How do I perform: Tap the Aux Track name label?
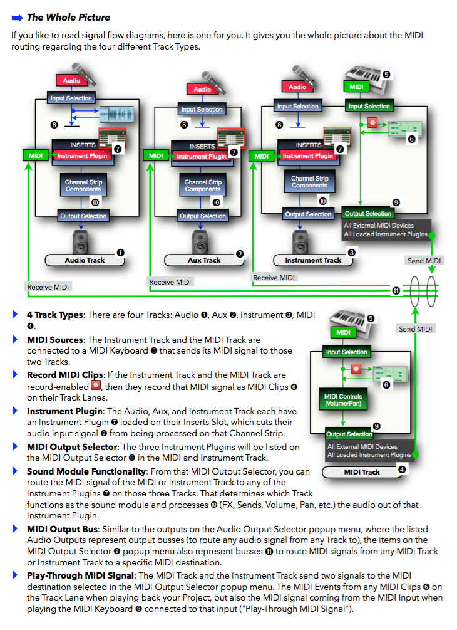(204, 260)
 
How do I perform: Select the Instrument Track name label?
(313, 260)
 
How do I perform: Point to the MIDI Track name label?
(362, 472)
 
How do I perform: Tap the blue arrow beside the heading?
(17, 18)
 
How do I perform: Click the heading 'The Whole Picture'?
(68, 18)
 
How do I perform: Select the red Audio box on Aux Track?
(202, 89)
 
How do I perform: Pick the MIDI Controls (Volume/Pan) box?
(342, 401)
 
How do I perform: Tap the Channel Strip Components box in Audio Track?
(83, 186)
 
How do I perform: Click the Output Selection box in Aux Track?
(203, 216)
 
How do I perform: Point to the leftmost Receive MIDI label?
(49, 287)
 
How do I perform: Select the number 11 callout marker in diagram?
(396, 290)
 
